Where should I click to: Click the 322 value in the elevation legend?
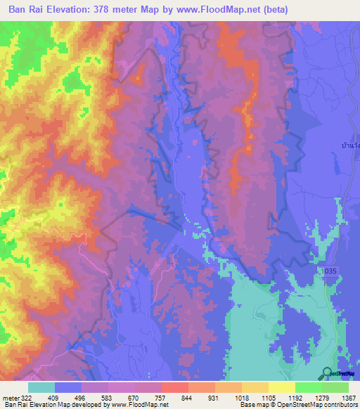point(26,396)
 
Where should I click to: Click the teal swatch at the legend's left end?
point(41,387)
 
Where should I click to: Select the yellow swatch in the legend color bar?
point(281,387)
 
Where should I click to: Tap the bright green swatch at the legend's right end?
point(335,387)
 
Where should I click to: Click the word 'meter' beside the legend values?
point(11,396)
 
